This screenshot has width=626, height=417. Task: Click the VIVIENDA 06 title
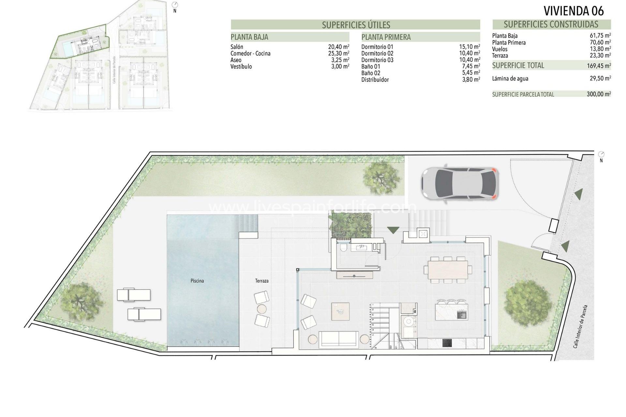pyautogui.click(x=574, y=11)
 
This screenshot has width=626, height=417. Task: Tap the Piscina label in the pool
pyautogui.click(x=197, y=280)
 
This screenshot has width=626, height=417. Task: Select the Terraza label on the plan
pyautogui.click(x=262, y=280)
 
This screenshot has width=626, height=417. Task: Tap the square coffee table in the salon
pyautogui.click(x=340, y=311)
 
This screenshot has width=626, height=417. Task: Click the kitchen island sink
pyautogui.click(x=462, y=315)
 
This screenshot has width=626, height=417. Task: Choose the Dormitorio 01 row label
pyautogui.click(x=377, y=47)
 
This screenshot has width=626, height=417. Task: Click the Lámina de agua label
pyautogui.click(x=510, y=79)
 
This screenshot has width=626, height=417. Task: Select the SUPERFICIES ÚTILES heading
pyautogui.click(x=356, y=25)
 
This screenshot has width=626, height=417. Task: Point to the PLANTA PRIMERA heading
pyautogui.click(x=386, y=37)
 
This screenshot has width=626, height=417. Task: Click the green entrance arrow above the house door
pyautogui.click(x=393, y=230)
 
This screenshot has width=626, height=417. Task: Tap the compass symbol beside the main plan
pyautogui.click(x=601, y=154)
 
